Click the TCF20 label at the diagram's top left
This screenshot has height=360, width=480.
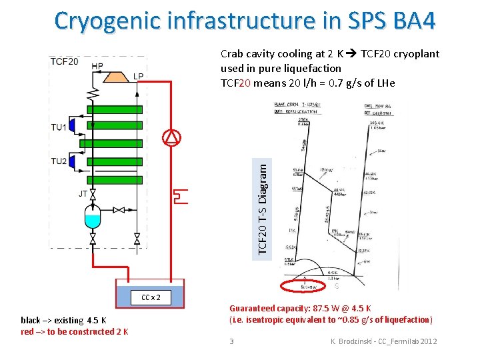point(64,62)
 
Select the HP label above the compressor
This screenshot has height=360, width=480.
point(97,65)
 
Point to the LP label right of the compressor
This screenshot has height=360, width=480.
point(137,75)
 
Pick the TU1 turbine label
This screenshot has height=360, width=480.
point(59,127)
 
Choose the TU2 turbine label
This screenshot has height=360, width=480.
point(59,161)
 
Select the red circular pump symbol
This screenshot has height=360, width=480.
point(172,137)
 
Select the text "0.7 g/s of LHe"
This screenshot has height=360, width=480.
point(360,83)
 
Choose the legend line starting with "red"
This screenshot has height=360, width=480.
point(74,331)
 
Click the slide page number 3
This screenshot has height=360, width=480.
point(231,341)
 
